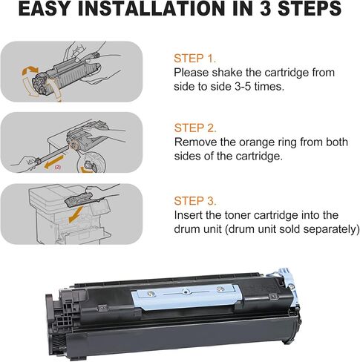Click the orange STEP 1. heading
194,58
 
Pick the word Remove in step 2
195,144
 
